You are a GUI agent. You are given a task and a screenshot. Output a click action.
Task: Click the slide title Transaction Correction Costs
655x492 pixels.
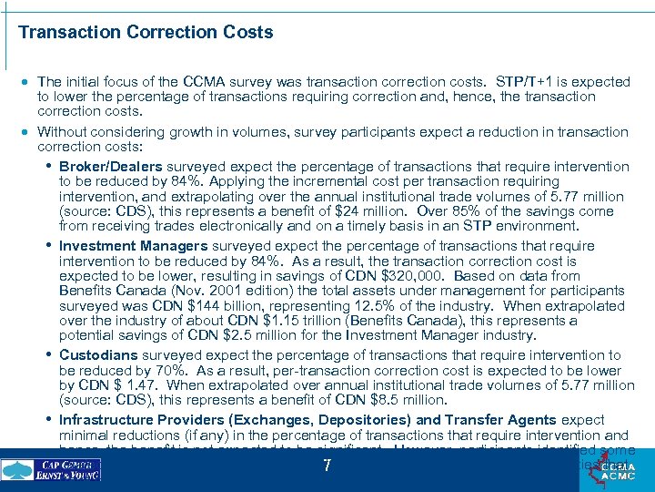pyautogui.click(x=146, y=33)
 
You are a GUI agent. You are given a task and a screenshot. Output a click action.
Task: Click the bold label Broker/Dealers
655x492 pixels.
pyautogui.click(x=110, y=167)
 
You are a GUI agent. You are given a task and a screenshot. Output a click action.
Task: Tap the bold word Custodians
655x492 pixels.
pyautogui.click(x=97, y=355)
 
